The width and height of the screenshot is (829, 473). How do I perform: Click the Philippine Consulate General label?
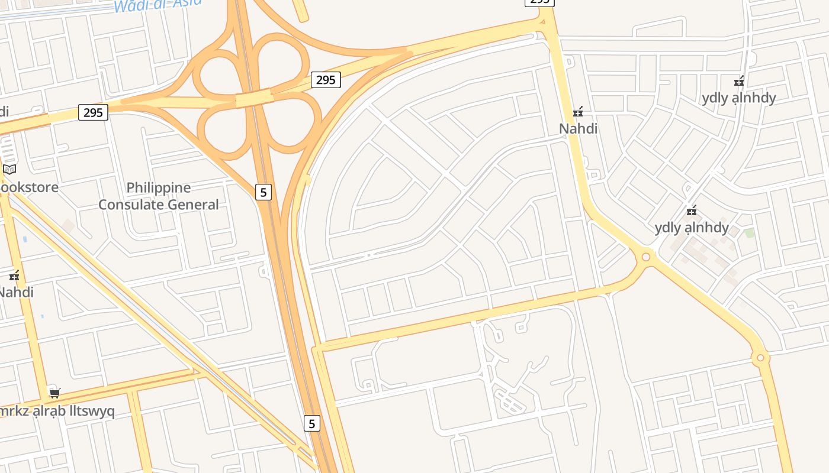tap(158, 196)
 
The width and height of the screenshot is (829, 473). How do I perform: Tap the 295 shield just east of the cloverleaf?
tap(326, 80)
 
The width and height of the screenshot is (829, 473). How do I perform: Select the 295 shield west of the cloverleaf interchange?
tap(93, 112)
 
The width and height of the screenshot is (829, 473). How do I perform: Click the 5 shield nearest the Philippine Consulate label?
tap(264, 192)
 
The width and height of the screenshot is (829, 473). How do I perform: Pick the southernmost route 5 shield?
tap(312, 423)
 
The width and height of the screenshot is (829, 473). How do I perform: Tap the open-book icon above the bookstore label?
tap(9, 170)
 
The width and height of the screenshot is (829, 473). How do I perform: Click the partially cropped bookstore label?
tap(28, 187)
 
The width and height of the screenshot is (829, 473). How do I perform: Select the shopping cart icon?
tap(55, 393)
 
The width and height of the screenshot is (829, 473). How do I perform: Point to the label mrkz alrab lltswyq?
tap(57, 411)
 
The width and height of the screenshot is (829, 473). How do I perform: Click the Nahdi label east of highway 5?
tap(578, 128)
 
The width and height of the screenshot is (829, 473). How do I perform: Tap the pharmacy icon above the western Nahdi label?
tap(15, 276)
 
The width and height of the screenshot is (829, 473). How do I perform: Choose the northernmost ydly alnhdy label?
tap(738, 98)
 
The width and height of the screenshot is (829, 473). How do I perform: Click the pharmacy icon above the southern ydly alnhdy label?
tap(691, 210)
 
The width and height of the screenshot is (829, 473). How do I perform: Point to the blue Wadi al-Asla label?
tap(158, 5)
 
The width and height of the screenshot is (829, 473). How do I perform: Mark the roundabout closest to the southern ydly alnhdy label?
tap(645, 257)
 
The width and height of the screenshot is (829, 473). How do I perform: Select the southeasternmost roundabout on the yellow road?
tap(760, 358)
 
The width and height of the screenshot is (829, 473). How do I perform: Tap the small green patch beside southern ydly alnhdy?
tap(750, 233)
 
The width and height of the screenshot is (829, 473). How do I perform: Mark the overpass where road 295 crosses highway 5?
tap(254, 98)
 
